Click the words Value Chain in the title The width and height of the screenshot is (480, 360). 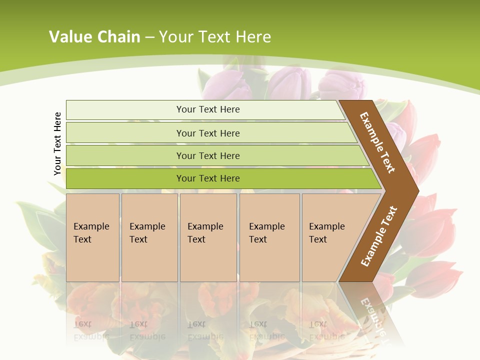(x=94, y=37)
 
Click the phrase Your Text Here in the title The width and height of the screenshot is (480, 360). (x=215, y=37)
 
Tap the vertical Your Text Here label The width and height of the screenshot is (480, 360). (x=57, y=144)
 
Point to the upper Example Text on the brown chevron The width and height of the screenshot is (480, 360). (x=377, y=142)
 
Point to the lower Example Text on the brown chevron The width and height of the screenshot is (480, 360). (x=378, y=236)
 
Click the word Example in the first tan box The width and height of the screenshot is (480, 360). (x=91, y=226)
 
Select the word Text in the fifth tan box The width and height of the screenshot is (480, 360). (x=317, y=239)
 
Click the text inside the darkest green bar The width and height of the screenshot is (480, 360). (x=208, y=178)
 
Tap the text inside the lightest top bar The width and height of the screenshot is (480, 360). (x=208, y=109)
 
